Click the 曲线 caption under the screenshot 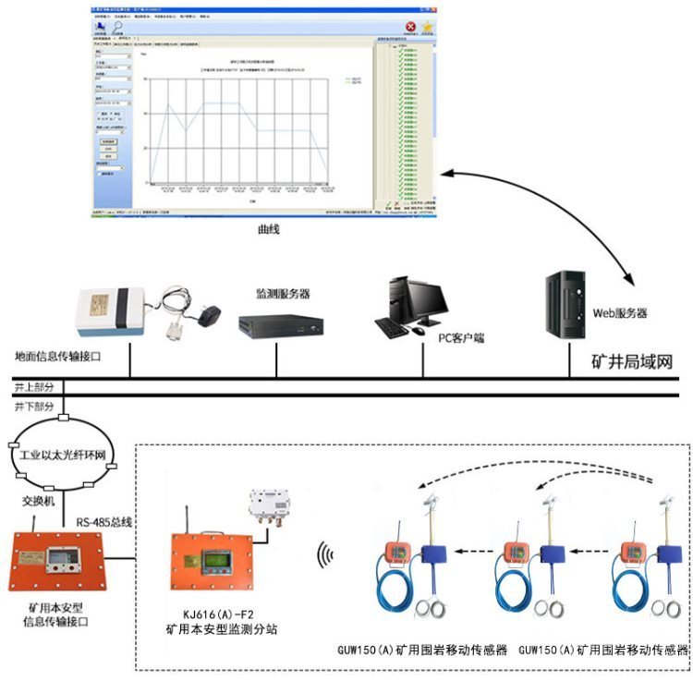pyautogui.click(x=268, y=228)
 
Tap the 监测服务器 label pyautogui.click(x=283, y=294)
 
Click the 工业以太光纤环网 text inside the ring pyautogui.click(x=62, y=456)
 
